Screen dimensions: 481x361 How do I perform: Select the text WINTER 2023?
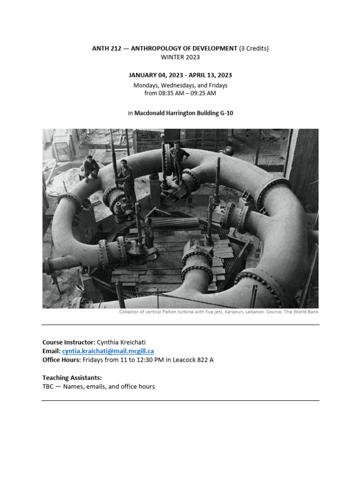click(180, 57)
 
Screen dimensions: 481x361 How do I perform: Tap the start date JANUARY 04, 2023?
click(155, 75)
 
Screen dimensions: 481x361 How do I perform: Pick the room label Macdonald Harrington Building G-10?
click(184, 113)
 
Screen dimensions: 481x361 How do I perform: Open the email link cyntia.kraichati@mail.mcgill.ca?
click(108, 351)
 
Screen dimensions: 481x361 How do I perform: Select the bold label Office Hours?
click(62, 360)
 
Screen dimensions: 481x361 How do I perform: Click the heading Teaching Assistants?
click(72, 378)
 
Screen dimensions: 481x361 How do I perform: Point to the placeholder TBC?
click(49, 387)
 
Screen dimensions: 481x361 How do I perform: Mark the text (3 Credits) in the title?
click(254, 48)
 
